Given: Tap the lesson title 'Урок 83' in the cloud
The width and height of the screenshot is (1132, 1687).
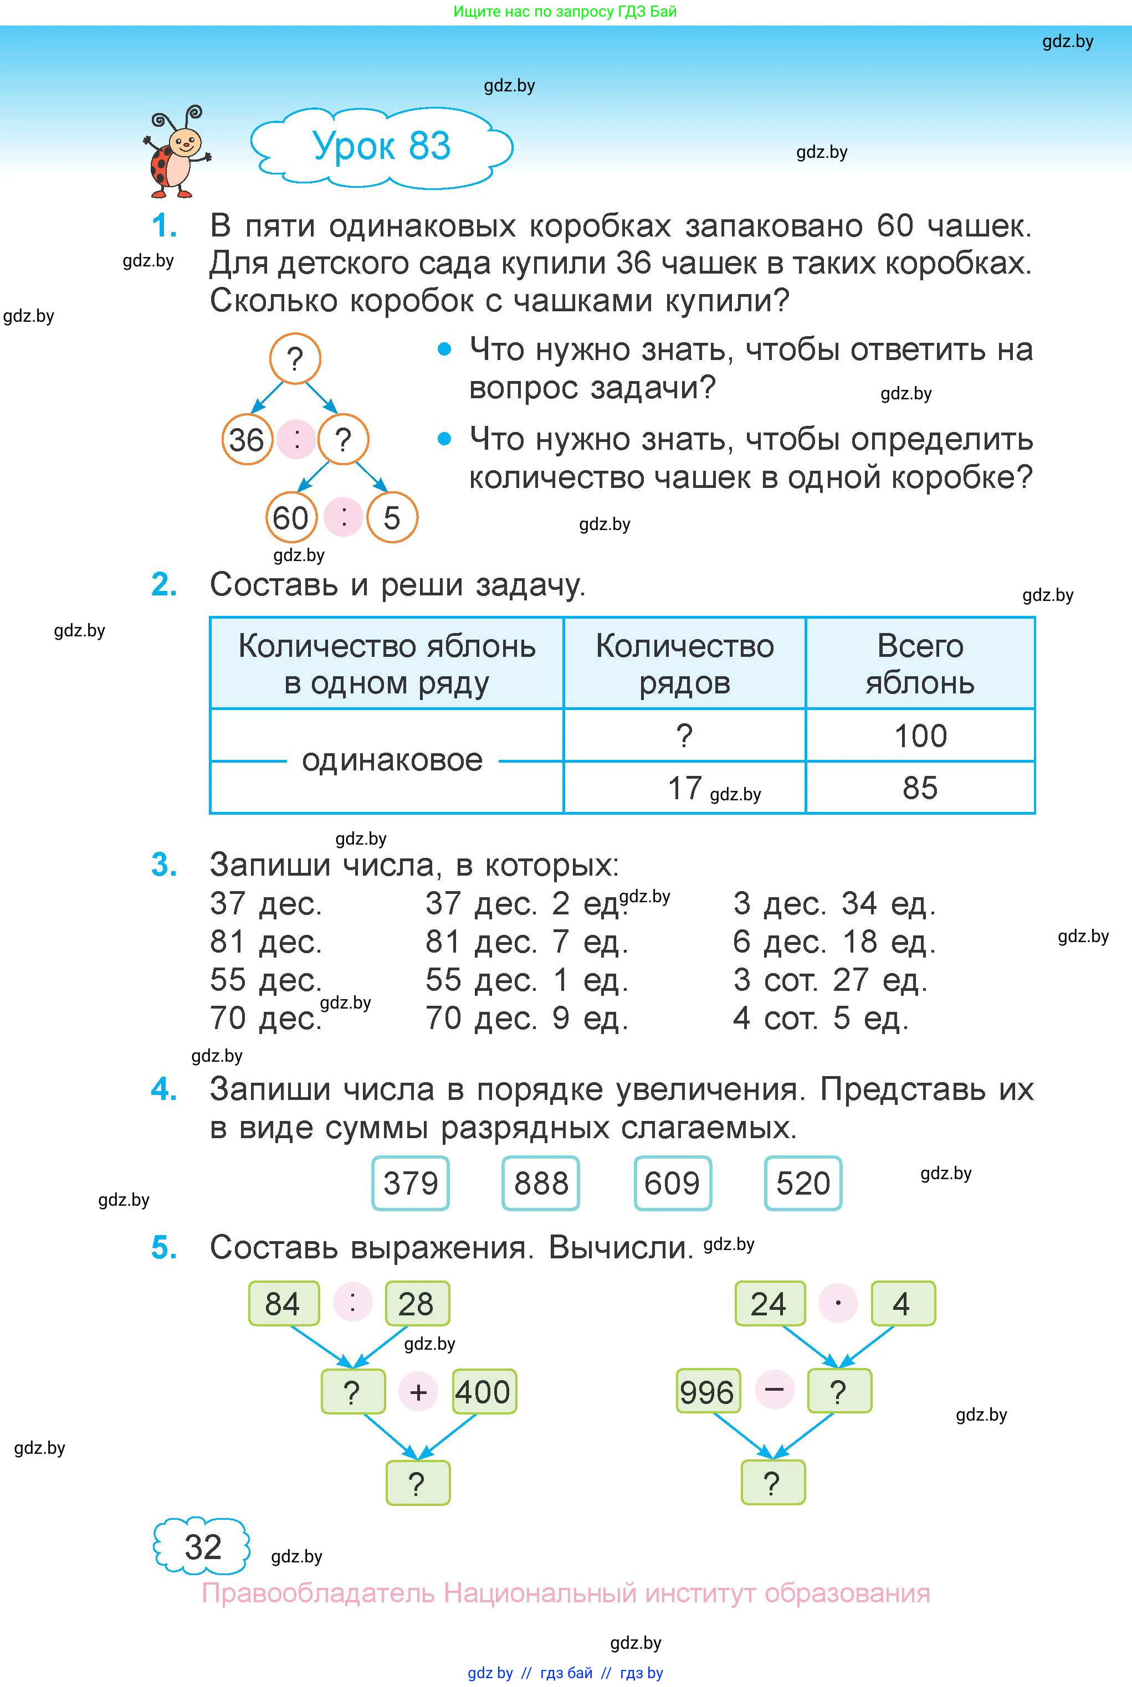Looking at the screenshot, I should tap(381, 146).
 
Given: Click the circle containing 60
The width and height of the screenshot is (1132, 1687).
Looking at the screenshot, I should tap(291, 517).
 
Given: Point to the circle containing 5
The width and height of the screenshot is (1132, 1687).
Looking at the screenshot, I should tap(391, 517).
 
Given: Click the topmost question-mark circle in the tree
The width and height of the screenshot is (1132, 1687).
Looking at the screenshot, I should tap(295, 358).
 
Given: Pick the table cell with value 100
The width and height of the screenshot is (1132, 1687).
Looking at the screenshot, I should tap(920, 736).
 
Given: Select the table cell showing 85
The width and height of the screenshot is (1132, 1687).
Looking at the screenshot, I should tap(920, 787).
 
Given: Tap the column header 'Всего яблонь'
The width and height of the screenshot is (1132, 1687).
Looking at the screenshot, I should tap(920, 663).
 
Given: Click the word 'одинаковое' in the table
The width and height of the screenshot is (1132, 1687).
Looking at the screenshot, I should tap(392, 760).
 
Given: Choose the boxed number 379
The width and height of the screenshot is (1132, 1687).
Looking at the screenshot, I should tap(410, 1184).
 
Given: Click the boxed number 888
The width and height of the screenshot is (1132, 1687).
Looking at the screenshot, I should tap(541, 1184).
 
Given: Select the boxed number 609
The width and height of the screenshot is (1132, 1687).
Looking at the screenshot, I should tap(672, 1184).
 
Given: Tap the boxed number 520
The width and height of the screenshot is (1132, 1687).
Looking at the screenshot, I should tap(803, 1184).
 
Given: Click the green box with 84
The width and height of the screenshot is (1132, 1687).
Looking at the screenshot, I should tap(283, 1304).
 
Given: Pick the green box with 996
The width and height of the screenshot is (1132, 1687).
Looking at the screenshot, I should tap(707, 1392).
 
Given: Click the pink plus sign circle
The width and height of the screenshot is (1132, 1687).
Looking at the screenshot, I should tap(418, 1392).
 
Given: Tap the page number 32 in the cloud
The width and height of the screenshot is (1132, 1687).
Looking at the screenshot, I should tap(202, 1546).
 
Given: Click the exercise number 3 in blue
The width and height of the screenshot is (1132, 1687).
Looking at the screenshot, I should tap(164, 865).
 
